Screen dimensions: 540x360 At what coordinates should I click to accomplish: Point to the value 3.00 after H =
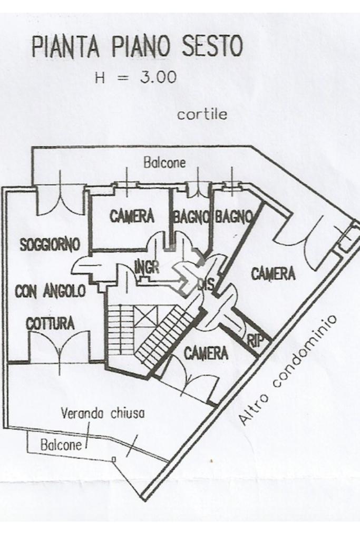(158, 77)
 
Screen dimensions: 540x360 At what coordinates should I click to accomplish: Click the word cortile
(202, 115)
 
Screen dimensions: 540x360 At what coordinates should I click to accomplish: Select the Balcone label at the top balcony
(164, 163)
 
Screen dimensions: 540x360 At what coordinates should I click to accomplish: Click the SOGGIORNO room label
(50, 244)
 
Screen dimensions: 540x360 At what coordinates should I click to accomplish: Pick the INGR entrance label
(147, 267)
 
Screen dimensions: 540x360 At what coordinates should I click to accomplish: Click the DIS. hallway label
(205, 285)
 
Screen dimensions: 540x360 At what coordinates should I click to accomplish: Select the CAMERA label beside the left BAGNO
(132, 216)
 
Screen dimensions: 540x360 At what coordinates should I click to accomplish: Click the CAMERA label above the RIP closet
(272, 273)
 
